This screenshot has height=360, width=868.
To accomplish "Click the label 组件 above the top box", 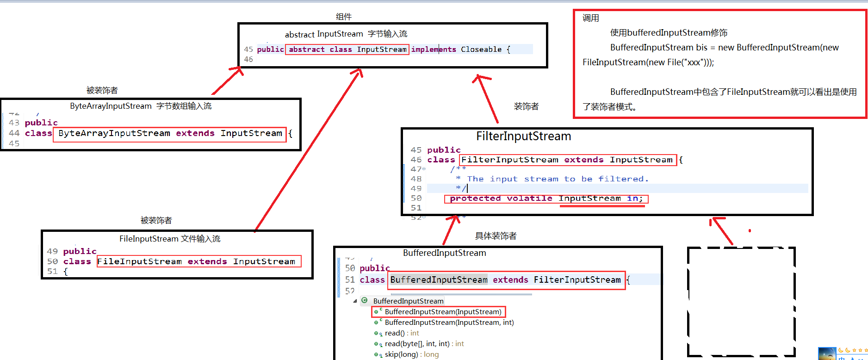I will coord(343,17).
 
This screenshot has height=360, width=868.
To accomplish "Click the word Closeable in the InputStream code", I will coord(481,50).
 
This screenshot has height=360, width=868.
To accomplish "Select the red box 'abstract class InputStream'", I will coord(347,50).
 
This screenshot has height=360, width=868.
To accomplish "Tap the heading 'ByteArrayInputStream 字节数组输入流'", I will coord(141,106).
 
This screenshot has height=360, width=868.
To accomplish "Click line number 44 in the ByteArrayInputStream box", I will coord(14,133).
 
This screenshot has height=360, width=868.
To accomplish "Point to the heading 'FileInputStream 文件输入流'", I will coord(170,239).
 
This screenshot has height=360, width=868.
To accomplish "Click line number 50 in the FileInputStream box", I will coord(52,261).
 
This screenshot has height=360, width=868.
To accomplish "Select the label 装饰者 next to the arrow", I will coord(526,106).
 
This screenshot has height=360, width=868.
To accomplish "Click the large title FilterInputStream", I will coord(523,137).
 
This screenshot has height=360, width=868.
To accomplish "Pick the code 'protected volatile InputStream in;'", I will coord(546,199).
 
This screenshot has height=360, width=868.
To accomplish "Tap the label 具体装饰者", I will coord(496,236).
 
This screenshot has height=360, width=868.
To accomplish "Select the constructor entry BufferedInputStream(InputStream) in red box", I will coord(443,312).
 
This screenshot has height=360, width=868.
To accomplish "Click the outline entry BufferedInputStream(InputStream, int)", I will coord(449,323).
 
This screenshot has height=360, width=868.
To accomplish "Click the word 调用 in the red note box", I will coord(590,18).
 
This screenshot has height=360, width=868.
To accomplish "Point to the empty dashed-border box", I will coord(741,302).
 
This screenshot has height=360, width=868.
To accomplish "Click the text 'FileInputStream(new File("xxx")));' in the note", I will coord(648,62).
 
